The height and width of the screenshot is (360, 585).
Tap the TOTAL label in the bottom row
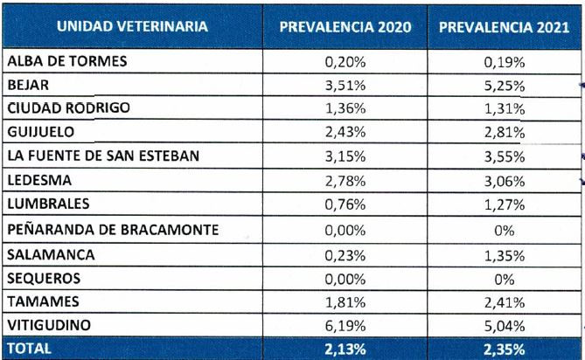(x=28, y=348)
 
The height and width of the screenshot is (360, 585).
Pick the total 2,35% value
(x=505, y=348)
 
